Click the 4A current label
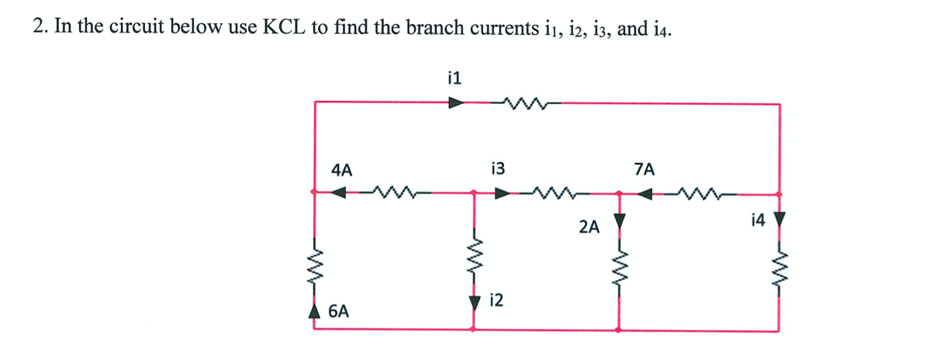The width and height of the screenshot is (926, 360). click(x=341, y=168)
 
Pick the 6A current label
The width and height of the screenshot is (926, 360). click(x=338, y=312)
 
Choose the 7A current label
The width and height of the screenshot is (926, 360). click(x=644, y=168)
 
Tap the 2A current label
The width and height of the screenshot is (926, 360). click(x=589, y=227)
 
